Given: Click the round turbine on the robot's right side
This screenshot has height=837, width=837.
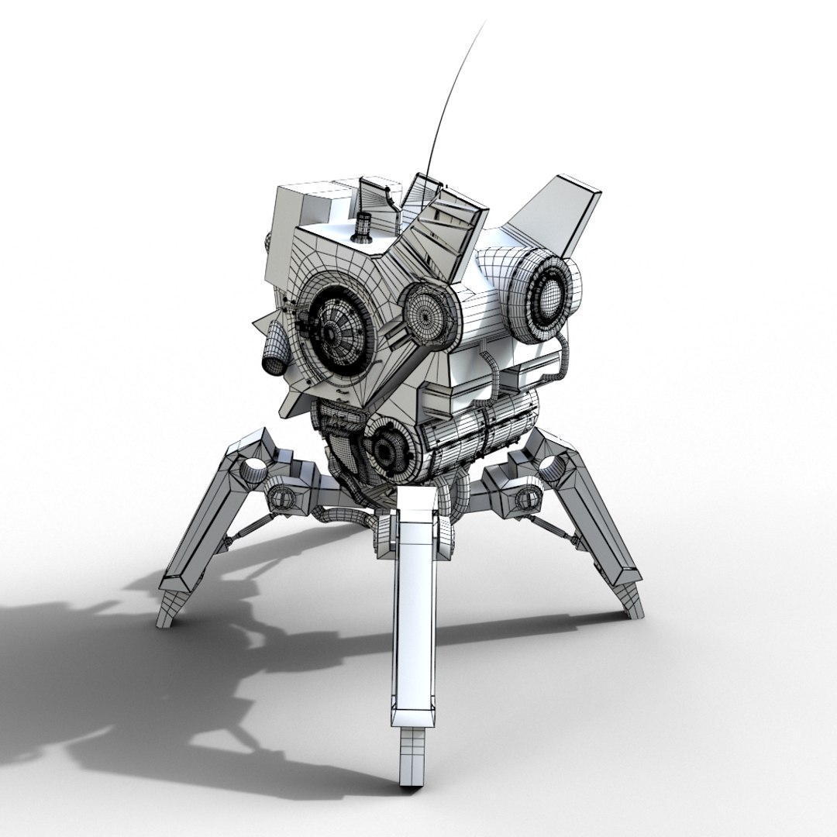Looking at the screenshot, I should [x=546, y=298].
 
